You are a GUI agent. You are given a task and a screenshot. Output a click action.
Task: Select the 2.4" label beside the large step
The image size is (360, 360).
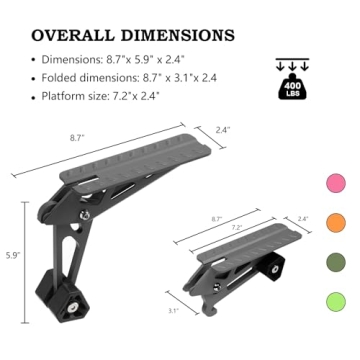(x=223, y=130)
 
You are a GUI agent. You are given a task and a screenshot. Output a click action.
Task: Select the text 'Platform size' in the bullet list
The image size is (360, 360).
(x=72, y=96)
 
